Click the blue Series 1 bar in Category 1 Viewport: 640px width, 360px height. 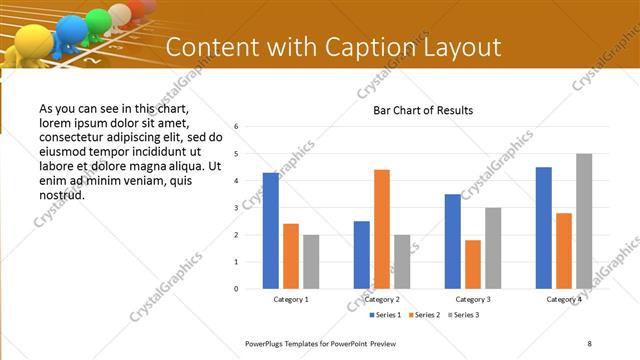[271, 231]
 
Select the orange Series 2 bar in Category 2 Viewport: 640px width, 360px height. [382, 229]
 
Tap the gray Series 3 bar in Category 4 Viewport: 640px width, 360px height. [584, 221]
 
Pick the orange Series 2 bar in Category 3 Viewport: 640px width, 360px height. [473, 264]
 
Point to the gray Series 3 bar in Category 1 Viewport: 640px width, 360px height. [311, 262]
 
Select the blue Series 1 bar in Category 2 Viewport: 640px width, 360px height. [362, 255]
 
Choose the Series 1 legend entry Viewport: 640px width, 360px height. [387, 315]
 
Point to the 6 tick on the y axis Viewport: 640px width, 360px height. [236, 127]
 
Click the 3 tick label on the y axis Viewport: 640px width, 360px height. [236, 208]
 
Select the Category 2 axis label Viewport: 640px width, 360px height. [382, 299]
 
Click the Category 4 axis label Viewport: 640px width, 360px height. [564, 299]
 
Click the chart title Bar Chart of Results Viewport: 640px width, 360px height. [423, 110]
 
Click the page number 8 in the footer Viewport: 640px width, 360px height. [589, 343]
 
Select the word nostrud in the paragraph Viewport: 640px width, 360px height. [60, 194]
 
